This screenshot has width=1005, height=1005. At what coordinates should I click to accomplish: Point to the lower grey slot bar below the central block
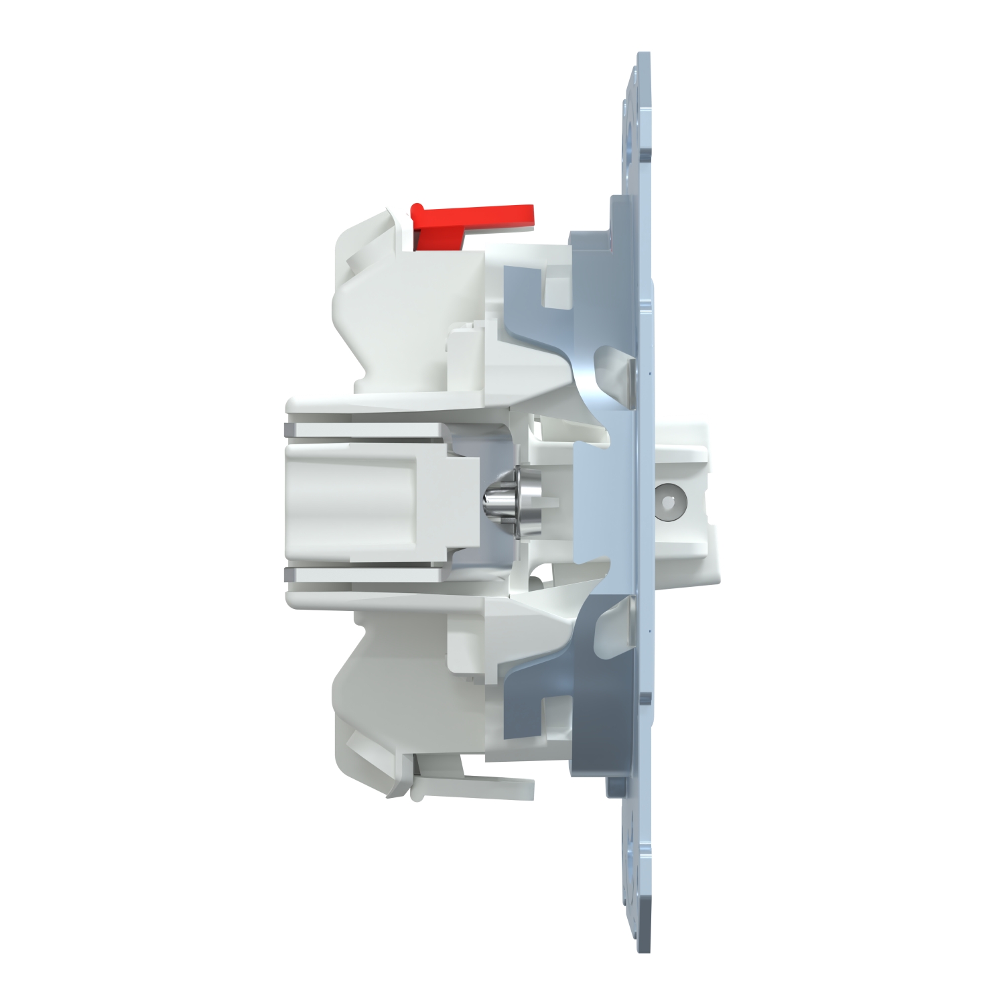tap(362, 573)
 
